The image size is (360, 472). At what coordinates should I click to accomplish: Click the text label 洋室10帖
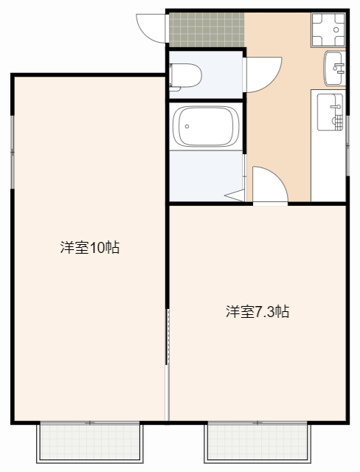tap(89, 248)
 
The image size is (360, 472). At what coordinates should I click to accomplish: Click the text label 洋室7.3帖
tap(257, 311)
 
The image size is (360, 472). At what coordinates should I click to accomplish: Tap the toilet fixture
tap(186, 74)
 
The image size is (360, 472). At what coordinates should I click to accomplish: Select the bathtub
tap(206, 126)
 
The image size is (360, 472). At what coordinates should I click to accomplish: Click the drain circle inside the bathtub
tap(187, 126)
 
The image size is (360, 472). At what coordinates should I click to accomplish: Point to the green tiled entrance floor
tap(206, 29)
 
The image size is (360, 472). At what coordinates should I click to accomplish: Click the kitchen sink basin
tap(331, 111)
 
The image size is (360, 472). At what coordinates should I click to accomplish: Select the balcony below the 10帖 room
tap(89, 442)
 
